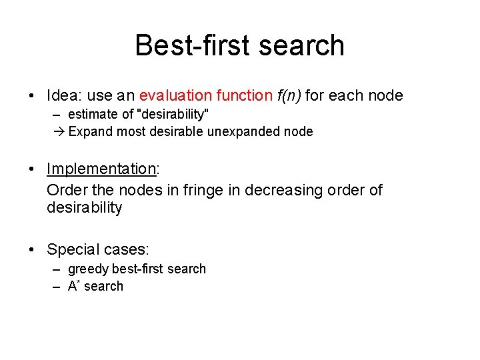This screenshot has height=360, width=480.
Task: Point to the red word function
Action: tap(241, 95)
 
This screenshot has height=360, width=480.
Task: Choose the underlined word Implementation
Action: tap(101, 170)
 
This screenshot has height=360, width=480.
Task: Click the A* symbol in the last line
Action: tap(73, 286)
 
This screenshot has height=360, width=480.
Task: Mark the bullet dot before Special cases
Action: tap(32, 250)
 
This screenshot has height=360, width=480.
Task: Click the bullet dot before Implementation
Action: tap(32, 170)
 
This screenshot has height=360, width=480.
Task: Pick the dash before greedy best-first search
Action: tap(57, 269)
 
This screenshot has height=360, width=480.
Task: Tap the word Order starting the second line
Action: tap(65, 190)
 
